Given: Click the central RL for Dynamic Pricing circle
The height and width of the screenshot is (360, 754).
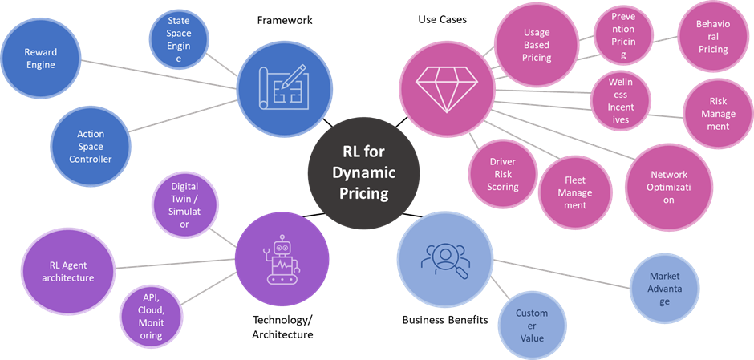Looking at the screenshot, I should click(x=363, y=172).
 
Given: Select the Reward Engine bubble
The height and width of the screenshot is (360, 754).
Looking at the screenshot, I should click(x=40, y=58).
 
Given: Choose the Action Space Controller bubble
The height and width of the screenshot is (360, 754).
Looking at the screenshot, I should click(x=91, y=147).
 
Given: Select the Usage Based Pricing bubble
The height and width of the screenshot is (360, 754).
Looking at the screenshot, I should click(x=537, y=46).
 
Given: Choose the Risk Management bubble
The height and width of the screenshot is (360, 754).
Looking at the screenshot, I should click(x=717, y=113).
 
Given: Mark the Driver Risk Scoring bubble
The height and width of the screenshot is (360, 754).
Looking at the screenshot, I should click(x=503, y=174).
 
